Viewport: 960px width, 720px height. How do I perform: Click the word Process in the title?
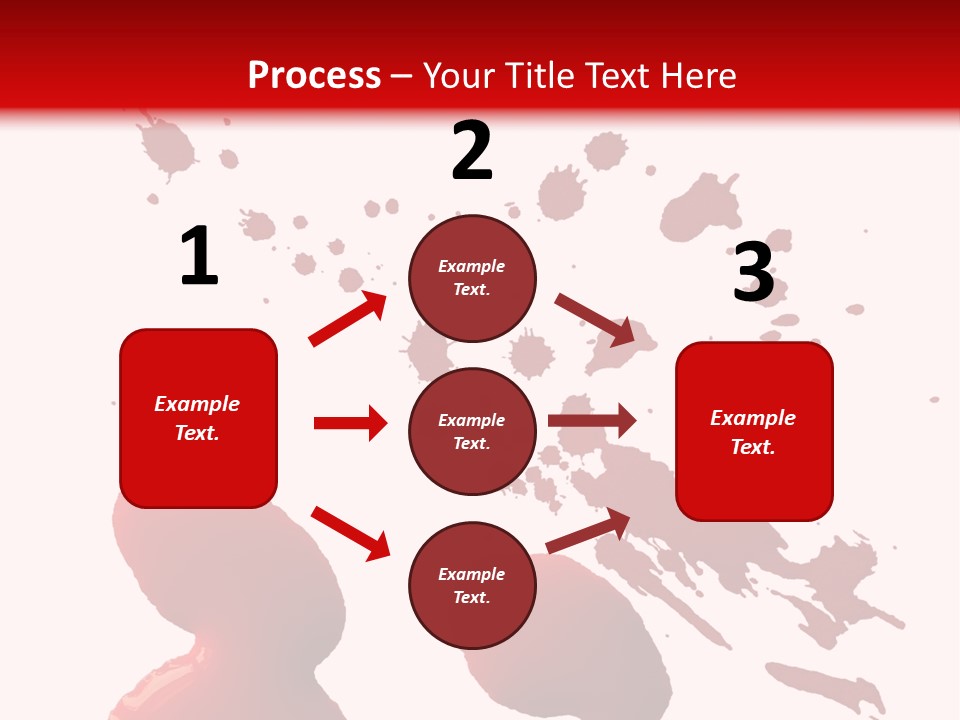(314, 76)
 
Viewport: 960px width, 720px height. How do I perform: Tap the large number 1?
(199, 256)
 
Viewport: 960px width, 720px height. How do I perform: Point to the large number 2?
(472, 151)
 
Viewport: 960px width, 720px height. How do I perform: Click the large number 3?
(753, 272)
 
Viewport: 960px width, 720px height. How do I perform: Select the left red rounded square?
(198, 418)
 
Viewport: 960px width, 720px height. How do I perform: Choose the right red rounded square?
(754, 431)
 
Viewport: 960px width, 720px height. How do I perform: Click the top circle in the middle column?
(472, 278)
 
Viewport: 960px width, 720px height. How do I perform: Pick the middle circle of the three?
(472, 431)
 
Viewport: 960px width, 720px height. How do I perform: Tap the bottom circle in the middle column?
(472, 585)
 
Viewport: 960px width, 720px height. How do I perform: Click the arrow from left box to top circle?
(348, 319)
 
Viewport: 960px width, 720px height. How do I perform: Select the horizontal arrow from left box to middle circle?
(350, 423)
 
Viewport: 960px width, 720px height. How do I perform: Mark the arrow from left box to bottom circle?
(350, 533)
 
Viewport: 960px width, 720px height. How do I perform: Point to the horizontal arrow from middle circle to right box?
(592, 421)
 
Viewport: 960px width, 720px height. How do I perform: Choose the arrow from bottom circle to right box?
(588, 531)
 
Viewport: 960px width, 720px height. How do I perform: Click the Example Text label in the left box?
(197, 418)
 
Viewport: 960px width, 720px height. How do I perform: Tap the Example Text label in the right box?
(753, 432)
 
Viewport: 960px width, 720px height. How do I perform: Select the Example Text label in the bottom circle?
(472, 586)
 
